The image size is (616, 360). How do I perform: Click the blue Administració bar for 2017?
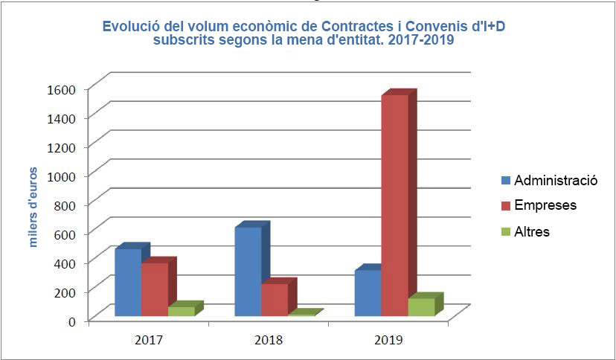(x=128, y=283)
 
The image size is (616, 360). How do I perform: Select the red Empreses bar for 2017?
(x=155, y=290)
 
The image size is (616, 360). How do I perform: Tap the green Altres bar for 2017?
(x=181, y=311)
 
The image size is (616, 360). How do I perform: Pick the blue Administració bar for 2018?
(x=248, y=271)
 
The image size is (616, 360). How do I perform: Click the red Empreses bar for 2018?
(x=275, y=300)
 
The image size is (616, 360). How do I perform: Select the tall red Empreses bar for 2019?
(x=394, y=205)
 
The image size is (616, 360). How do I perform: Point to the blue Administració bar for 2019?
(x=368, y=293)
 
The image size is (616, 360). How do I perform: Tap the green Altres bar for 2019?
(x=421, y=306)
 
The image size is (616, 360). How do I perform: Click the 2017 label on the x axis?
(x=150, y=340)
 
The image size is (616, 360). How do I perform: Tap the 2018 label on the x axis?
(x=269, y=340)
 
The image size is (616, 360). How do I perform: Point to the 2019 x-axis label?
(x=388, y=340)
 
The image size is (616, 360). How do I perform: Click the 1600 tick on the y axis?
(x=62, y=89)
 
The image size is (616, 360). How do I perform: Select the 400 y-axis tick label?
(x=66, y=263)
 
